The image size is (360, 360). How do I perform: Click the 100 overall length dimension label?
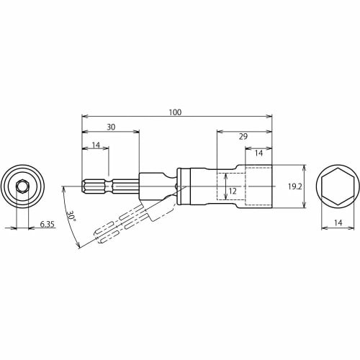[x=175, y=112]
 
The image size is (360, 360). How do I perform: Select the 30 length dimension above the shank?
[x=110, y=127]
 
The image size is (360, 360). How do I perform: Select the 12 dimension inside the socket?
[x=231, y=191]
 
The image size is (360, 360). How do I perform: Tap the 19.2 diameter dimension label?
[x=294, y=186]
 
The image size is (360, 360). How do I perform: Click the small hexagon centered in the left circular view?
[x=22, y=186]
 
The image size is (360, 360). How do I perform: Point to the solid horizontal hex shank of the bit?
[x=98, y=186]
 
